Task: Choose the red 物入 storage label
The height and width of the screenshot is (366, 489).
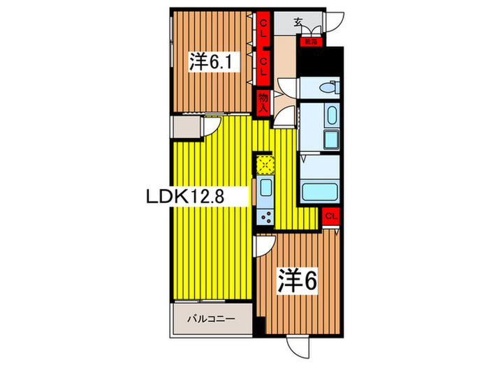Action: [263, 102]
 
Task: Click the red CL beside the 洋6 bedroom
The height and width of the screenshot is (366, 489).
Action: [332, 215]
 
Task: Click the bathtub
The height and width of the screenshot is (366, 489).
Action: [319, 190]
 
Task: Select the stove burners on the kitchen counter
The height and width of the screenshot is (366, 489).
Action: [265, 216]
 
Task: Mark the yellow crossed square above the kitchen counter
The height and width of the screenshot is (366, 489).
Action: [265, 165]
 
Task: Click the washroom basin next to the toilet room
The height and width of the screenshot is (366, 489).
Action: [331, 114]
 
